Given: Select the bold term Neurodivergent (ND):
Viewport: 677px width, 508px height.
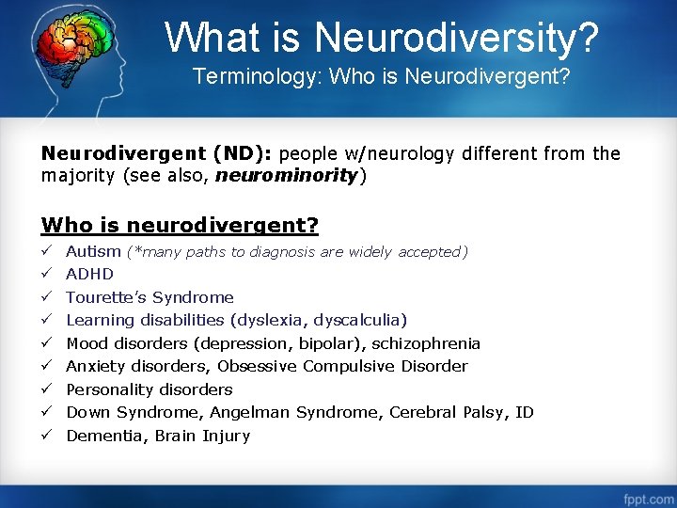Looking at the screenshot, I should point(158,153).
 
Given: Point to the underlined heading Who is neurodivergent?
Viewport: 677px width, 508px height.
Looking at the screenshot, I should point(180,226).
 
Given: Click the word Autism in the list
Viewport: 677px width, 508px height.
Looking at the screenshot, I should point(93,251).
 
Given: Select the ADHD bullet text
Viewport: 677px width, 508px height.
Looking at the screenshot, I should point(89,275).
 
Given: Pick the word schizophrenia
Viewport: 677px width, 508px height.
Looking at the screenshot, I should point(426,343).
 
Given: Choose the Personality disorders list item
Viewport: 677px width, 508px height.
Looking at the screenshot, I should point(149,389).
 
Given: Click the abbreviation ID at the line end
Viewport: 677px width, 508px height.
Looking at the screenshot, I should point(525,412).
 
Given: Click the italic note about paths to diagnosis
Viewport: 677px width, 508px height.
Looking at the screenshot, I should point(296,251).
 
